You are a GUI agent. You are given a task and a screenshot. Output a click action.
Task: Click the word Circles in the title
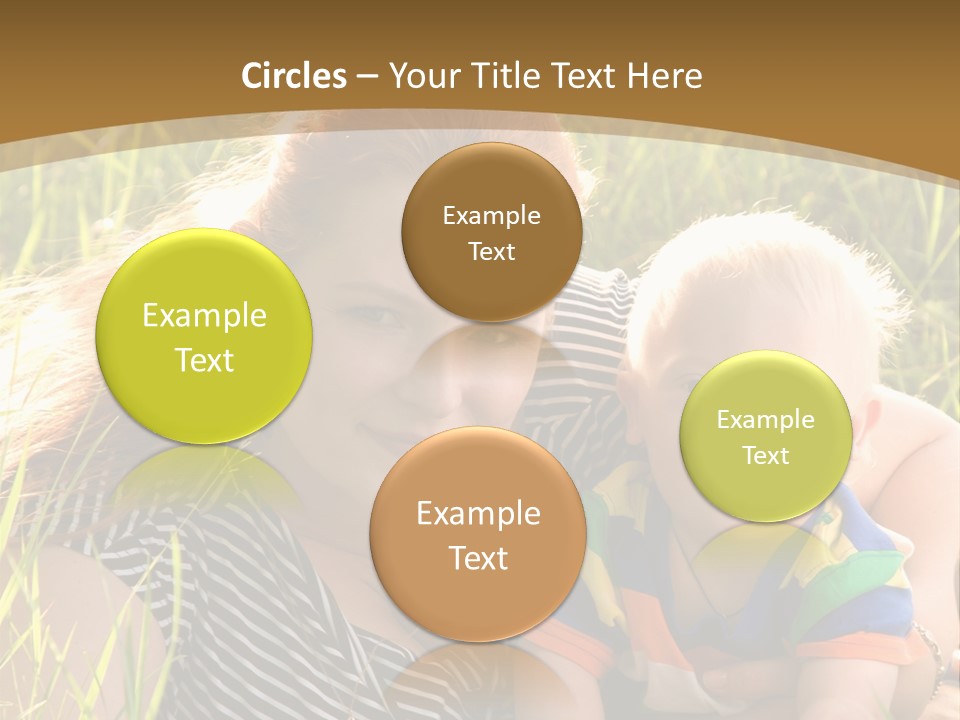(294, 76)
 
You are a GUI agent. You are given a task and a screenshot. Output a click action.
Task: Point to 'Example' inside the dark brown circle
(491, 216)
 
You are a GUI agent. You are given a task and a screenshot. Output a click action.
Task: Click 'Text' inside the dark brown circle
(491, 252)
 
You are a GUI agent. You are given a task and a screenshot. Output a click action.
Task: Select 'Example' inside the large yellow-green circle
(204, 316)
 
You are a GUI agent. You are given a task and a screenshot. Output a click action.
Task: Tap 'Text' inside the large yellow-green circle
(204, 361)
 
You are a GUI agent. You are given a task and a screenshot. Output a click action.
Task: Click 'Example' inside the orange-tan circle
(478, 514)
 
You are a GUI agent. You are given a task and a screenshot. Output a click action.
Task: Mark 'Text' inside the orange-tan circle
(478, 559)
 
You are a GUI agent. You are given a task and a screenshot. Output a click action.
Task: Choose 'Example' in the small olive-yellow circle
(766, 420)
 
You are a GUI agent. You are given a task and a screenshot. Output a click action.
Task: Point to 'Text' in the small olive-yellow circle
(766, 456)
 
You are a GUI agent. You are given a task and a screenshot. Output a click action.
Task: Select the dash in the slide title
(367, 77)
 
